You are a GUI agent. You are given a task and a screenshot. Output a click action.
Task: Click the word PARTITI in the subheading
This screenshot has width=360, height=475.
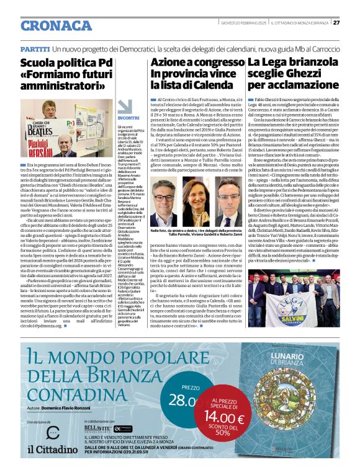point(35,48)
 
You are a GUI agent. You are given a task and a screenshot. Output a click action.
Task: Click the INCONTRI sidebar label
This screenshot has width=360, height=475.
point(128,117)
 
